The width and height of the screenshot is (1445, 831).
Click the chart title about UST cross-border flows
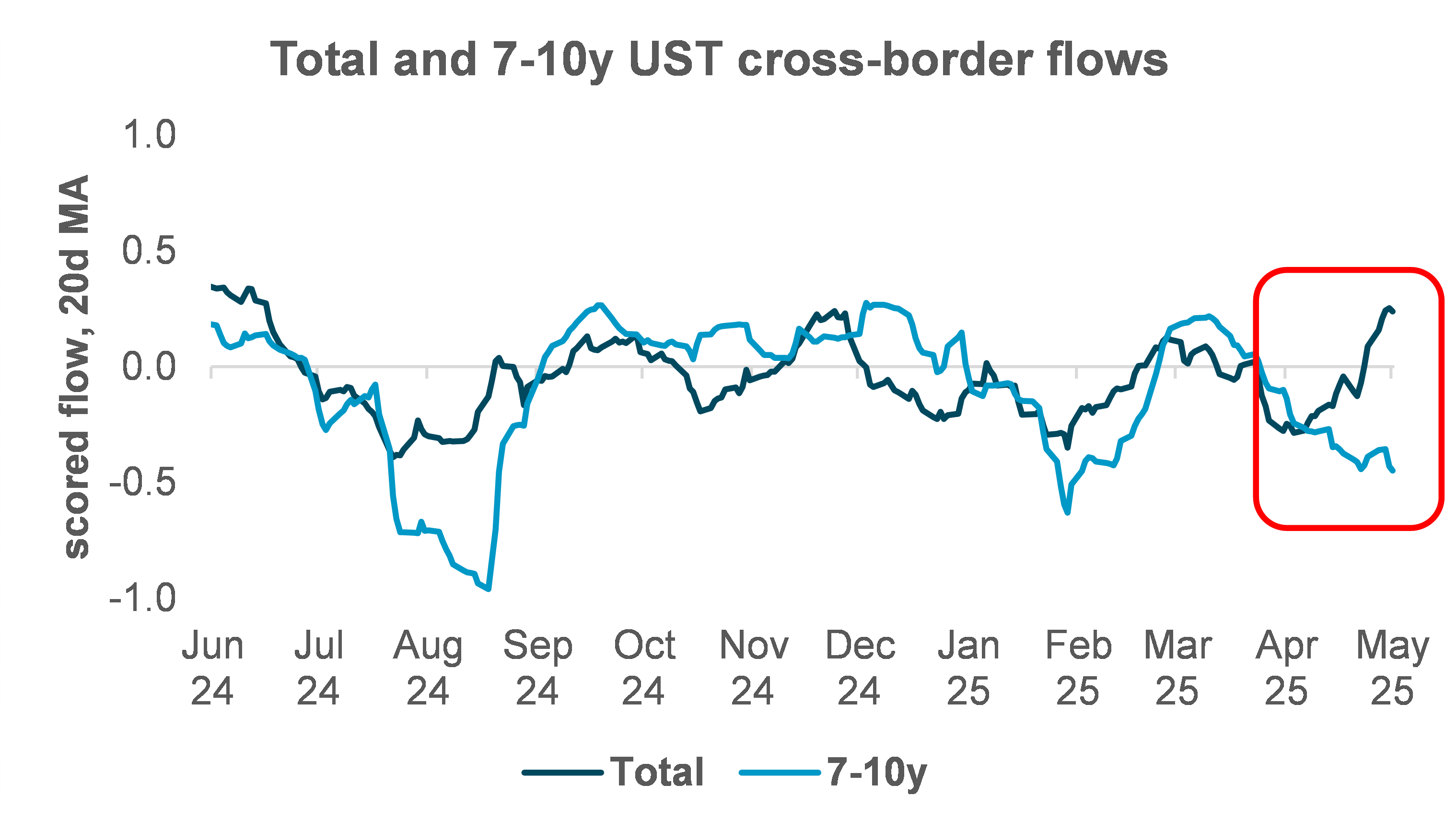(x=719, y=59)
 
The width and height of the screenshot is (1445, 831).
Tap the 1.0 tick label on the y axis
(x=149, y=135)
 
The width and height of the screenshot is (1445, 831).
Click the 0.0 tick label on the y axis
(x=149, y=367)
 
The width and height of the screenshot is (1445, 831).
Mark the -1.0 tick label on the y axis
(x=143, y=598)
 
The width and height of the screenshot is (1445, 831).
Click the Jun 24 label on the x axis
(x=212, y=668)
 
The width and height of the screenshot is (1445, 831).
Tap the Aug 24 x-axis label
(x=428, y=668)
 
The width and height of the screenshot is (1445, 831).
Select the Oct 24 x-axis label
(x=644, y=668)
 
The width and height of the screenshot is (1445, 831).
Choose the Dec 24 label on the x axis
(x=860, y=668)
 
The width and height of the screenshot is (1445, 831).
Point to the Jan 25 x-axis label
(x=968, y=668)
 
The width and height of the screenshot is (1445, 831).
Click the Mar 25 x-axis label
(x=1177, y=668)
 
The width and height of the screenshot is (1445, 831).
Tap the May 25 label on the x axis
(x=1392, y=668)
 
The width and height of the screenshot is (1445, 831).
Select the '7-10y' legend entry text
(x=877, y=772)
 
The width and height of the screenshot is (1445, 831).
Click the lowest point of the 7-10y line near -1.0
(x=489, y=589)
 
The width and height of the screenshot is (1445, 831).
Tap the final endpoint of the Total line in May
(x=1394, y=312)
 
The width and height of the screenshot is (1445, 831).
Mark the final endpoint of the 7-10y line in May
(x=1394, y=471)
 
